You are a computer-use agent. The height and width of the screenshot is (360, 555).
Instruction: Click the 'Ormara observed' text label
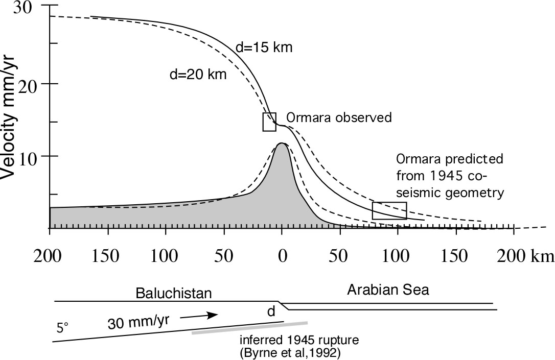tap(339, 117)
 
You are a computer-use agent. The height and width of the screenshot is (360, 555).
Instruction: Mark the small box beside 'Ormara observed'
tap(269, 122)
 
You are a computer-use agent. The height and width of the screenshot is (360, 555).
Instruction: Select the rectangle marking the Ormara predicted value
tap(389, 210)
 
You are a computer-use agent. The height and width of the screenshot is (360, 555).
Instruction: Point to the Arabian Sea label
tap(388, 291)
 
